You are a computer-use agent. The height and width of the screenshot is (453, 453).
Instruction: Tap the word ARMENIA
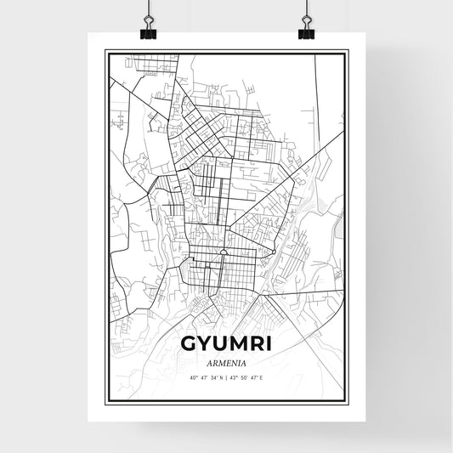pyautogui.click(x=225, y=361)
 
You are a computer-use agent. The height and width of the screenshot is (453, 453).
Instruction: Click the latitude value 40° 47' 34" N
pyautogui.click(x=203, y=377)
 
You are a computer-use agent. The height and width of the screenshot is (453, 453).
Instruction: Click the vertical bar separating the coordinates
pyautogui.click(x=227, y=377)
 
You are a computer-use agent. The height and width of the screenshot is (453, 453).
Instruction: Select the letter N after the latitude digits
pyautogui.click(x=220, y=377)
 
